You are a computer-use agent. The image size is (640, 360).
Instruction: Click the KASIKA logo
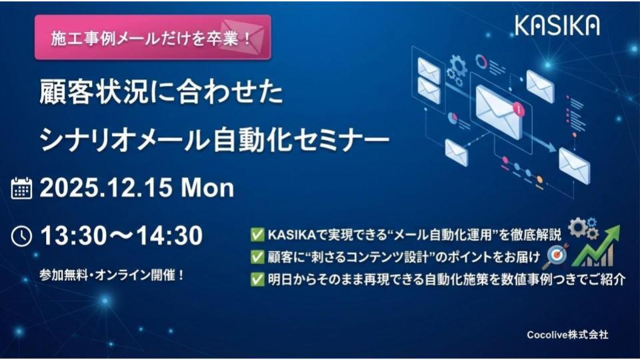coord(557,25)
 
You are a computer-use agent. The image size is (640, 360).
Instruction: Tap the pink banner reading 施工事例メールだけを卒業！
coord(153,37)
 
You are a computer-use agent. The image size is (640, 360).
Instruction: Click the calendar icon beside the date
coord(21,188)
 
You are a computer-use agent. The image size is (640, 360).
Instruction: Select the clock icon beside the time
coord(21,236)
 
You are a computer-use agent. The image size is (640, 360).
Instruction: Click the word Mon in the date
coord(207,188)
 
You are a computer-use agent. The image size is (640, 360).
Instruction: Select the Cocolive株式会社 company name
coord(567,335)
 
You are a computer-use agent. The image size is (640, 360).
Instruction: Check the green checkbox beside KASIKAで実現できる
coord(257,235)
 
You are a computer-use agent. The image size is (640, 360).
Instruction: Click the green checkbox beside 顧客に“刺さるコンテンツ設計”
coord(257,257)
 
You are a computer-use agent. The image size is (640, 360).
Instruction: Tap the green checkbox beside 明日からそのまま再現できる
coord(257,279)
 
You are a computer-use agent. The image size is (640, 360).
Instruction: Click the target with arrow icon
coord(557,255)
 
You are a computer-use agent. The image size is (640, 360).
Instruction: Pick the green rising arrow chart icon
coord(596,246)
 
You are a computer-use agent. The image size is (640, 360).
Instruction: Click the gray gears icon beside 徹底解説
coord(584,229)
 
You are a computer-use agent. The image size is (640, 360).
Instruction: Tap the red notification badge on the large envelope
coord(519,109)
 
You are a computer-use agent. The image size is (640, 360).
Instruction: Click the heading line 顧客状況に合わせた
coord(161,92)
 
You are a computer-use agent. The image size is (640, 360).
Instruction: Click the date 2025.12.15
coord(106,188)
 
